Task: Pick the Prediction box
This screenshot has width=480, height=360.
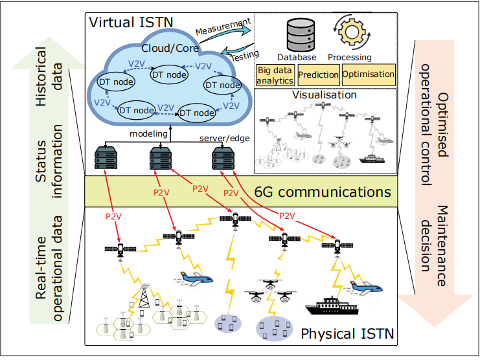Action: [x=318, y=75]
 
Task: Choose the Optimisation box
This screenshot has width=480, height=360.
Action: [x=368, y=75]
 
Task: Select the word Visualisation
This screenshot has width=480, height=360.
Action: [x=325, y=95]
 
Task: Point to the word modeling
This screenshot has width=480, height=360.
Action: [x=149, y=135]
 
